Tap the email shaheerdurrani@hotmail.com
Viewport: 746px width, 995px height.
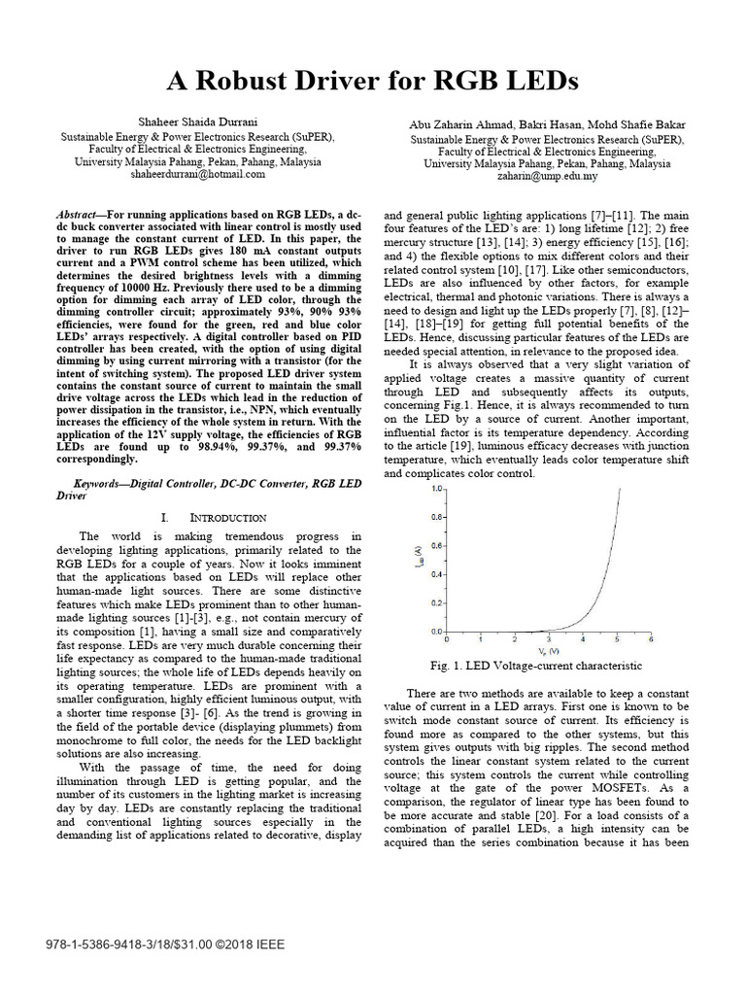196,176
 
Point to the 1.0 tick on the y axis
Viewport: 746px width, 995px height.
437,487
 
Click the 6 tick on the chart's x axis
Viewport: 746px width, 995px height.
650,640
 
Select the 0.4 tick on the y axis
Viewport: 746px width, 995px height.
437,573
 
